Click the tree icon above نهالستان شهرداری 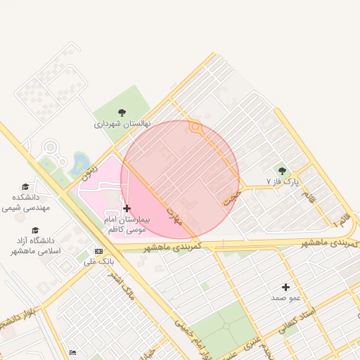pos(122,112)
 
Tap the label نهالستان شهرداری pos(123,124)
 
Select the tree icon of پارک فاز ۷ pos(282,170)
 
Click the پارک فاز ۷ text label pos(283,181)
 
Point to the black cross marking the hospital pos(127,208)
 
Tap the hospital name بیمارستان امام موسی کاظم pos(126,224)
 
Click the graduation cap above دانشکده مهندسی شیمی pos(26,187)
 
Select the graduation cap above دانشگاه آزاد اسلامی pos(35,230)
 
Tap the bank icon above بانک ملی pos(98,251)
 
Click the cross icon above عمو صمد pos(285,287)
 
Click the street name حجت pos(232,195)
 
